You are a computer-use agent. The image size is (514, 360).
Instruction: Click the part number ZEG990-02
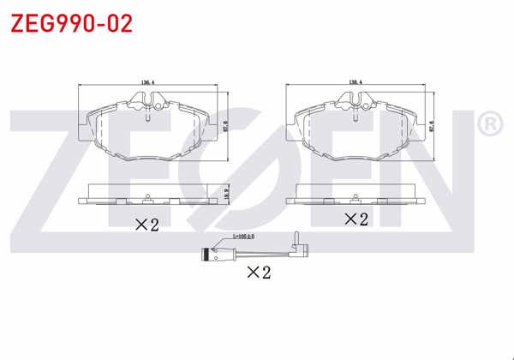pyautogui.click(x=71, y=23)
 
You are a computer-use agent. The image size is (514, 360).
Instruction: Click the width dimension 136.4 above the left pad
pyautogui.click(x=147, y=83)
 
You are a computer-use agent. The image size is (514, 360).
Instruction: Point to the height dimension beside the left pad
pyautogui.click(x=225, y=124)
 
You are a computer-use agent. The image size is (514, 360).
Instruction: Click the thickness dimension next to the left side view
pyautogui.click(x=225, y=195)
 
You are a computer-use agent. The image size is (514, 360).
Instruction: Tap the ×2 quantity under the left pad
pyautogui.click(x=147, y=225)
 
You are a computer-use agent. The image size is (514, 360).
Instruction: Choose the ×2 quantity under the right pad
pyautogui.click(x=355, y=219)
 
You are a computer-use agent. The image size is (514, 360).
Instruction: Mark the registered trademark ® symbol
pyautogui.click(x=487, y=125)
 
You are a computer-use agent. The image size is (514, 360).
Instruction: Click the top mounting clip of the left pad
pyautogui.click(x=148, y=103)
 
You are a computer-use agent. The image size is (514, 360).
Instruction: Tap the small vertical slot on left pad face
pyautogui.click(x=147, y=120)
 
